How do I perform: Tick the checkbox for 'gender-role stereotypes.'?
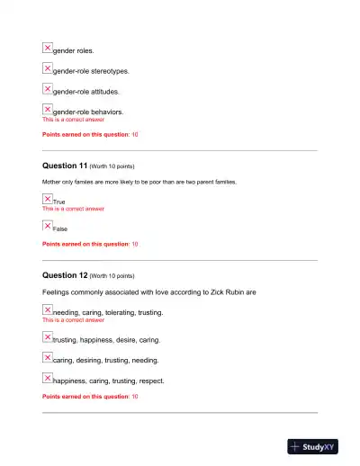tap(48, 68)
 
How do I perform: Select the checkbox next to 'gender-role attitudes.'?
tap(48, 89)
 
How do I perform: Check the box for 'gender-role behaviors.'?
tap(48, 110)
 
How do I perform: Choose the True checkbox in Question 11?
tap(48, 199)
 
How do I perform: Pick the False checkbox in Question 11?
tap(48, 226)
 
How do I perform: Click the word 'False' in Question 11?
tap(61, 229)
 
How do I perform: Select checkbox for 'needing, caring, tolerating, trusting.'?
tap(48, 309)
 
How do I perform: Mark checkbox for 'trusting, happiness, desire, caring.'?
tap(48, 337)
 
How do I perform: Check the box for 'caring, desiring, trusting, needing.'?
tap(48, 358)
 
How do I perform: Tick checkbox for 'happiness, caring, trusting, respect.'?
tap(48, 378)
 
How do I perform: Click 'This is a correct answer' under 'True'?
tap(73, 209)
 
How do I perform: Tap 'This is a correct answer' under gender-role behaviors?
tap(73, 120)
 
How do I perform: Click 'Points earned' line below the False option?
tap(90, 244)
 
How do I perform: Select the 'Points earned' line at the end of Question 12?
tap(90, 396)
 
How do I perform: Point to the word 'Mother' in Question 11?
tap(53, 182)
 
